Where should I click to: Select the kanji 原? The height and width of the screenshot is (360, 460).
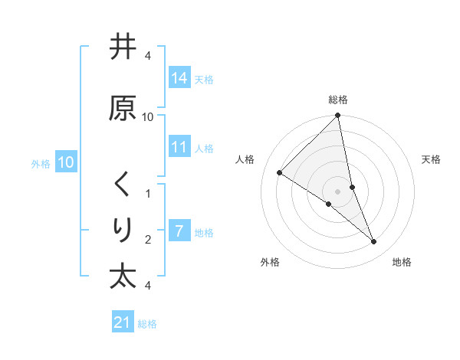pos(122,108)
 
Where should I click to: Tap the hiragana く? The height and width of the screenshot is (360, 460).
pos(122,185)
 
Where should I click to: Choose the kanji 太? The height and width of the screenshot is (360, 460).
pos(122,276)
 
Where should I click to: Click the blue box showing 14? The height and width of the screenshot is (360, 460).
pos(179,77)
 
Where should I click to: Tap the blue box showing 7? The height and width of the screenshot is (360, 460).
pos(179,231)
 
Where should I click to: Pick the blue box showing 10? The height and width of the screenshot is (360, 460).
pos(66,162)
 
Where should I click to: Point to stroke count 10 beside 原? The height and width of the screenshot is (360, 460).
pos(148,116)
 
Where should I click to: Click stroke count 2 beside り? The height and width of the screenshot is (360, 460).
pos(148,240)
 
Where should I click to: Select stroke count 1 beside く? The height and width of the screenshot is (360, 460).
pos(148,193)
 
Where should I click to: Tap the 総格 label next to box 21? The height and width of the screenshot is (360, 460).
pos(147,324)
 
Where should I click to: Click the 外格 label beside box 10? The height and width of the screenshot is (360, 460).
pos(41,164)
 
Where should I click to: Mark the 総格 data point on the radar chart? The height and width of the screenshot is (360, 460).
pos(338,116)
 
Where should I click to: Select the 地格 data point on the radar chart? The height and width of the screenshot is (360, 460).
pos(374,242)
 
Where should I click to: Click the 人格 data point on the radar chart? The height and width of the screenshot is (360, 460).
pos(280,172)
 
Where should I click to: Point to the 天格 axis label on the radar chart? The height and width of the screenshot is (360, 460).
pos(431,159)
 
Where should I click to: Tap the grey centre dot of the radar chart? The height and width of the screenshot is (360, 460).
pos(338,191)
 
